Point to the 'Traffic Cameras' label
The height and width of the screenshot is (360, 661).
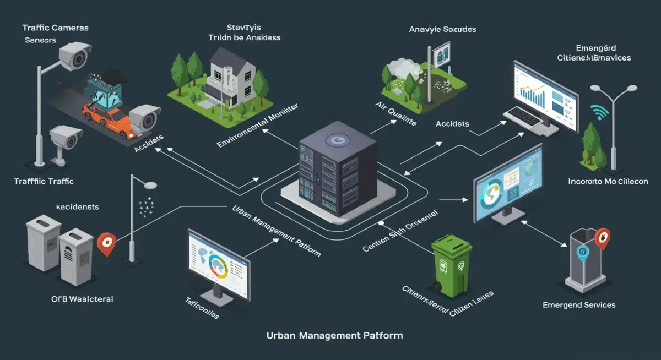click(56, 27)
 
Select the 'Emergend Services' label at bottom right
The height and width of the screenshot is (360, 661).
click(579, 304)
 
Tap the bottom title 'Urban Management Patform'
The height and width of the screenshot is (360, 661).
click(334, 335)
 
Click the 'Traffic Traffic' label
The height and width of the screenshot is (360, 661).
click(44, 181)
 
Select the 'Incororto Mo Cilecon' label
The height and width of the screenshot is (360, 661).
click(608, 181)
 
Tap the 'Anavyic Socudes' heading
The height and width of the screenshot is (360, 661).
click(443, 29)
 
